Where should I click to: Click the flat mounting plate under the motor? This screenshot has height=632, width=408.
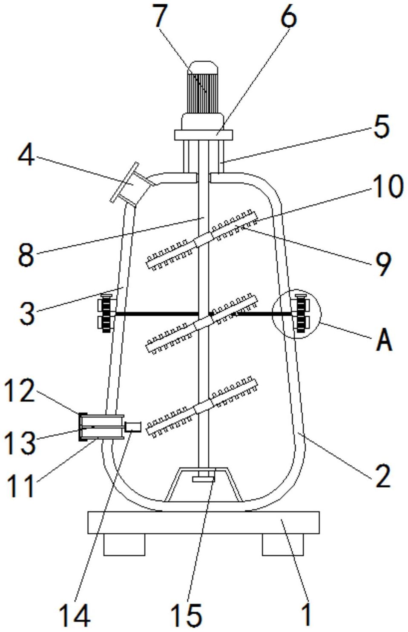(204, 134)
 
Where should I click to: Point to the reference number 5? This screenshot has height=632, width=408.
(381, 126)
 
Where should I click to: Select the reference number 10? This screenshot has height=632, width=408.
(387, 187)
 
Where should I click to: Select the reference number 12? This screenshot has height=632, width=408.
(20, 391)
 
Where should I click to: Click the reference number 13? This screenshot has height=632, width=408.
(20, 442)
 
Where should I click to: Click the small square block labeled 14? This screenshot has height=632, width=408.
(134, 426)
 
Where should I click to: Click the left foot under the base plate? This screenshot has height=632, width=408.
(124, 544)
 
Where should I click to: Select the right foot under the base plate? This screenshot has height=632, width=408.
(282, 544)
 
